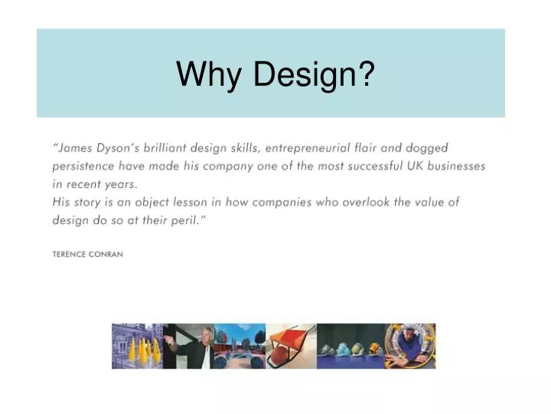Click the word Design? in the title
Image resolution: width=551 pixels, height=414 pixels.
click(314, 74)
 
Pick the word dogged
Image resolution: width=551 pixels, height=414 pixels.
click(426, 148)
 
